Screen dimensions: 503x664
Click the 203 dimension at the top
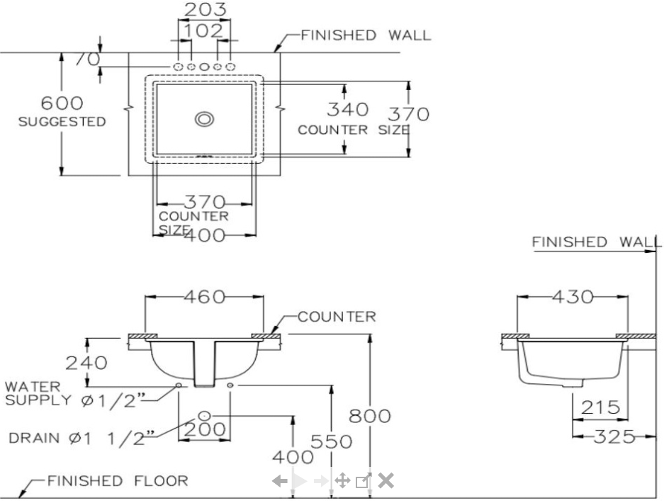[206, 10]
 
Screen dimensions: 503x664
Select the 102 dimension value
[203, 31]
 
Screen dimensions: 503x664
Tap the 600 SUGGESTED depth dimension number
[62, 104]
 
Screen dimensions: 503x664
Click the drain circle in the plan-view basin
[205, 119]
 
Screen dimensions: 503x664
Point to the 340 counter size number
[347, 109]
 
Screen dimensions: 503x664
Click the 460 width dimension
[204, 297]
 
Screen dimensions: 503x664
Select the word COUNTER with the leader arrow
[337, 317]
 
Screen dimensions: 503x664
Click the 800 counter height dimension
[369, 416]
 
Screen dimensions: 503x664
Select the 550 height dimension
[332, 441]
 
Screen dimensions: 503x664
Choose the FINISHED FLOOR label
[118, 482]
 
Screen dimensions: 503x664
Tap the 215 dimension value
[600, 407]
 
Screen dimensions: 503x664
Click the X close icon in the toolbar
[386, 481]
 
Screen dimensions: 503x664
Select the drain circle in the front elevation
[204, 414]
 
